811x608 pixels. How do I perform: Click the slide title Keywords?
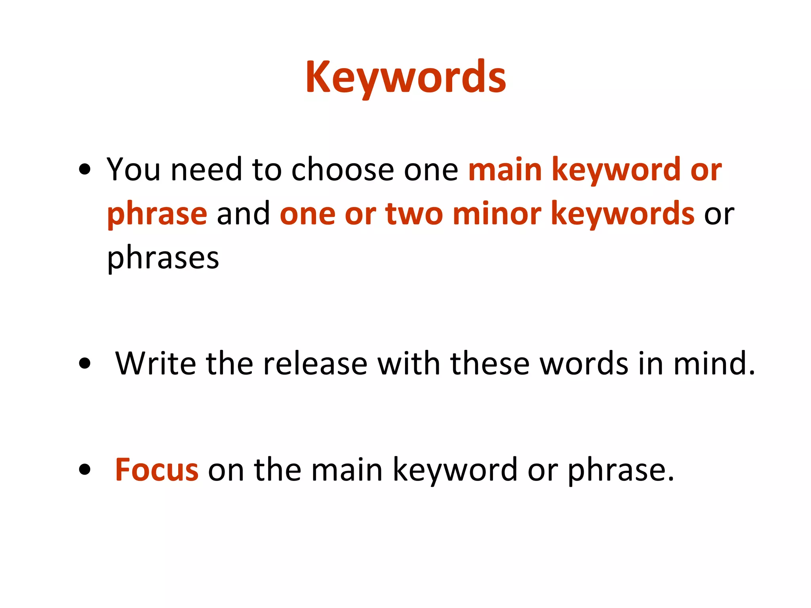point(405,78)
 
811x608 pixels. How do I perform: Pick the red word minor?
point(497,214)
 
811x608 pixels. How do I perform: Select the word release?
point(315,363)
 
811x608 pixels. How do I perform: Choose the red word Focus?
point(157,470)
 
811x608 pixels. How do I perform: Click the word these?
point(490,363)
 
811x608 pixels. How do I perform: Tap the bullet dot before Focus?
point(84,470)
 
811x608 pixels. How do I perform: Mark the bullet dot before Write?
point(84,363)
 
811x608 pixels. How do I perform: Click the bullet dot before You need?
point(84,170)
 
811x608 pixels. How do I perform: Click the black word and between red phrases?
point(243,214)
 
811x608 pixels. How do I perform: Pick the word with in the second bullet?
point(408,363)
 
